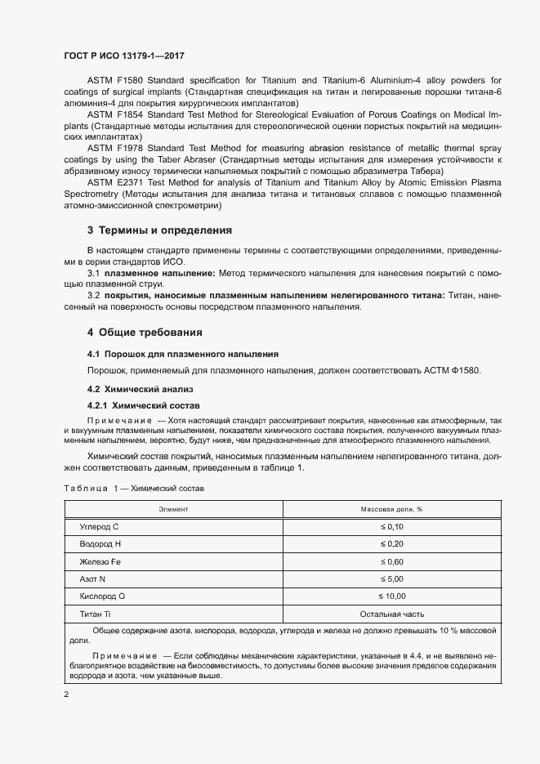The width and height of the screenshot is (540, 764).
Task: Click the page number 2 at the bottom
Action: (66, 695)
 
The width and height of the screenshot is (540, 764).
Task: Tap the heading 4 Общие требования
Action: (145, 333)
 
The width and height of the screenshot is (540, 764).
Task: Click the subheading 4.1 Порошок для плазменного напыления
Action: (183, 354)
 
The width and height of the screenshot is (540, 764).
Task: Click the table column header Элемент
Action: (173, 508)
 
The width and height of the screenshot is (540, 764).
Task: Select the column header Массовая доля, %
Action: (391, 508)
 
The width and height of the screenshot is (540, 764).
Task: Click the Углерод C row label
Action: (99, 527)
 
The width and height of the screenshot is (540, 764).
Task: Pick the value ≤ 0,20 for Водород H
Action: (391, 544)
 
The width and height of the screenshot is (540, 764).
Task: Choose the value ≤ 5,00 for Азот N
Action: (391, 579)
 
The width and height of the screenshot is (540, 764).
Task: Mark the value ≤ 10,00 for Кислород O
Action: (391, 596)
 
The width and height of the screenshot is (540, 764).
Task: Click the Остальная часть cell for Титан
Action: (391, 614)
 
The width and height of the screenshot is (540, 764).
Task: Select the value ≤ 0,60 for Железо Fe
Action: (391, 561)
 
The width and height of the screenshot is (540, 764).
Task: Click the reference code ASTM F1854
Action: (114, 115)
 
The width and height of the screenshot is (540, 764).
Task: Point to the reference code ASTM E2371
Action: (114, 185)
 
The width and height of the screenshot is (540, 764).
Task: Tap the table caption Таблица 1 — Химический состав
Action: (135, 488)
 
